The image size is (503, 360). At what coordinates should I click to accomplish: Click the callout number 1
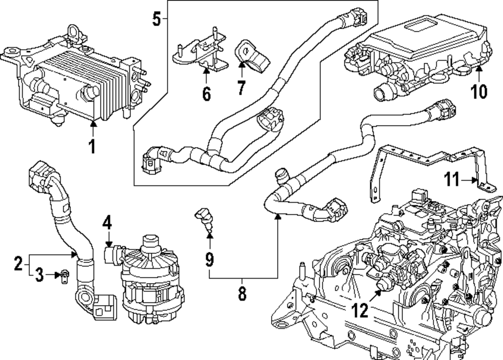pos(93,146)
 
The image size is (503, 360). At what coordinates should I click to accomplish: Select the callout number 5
pos(156,19)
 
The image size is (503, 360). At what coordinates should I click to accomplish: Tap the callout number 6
pos(207,94)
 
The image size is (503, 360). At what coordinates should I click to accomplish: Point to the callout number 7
pos(241,88)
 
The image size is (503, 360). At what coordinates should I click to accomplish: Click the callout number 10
pos(479,91)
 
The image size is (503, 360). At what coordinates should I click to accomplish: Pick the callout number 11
pos(452,179)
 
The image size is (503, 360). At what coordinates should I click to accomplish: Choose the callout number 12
pos(360,310)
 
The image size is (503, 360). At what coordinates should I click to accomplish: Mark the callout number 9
pos(209,259)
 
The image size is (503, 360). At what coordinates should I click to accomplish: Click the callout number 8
pos(242,293)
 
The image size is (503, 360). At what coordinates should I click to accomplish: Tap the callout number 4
pos(107,222)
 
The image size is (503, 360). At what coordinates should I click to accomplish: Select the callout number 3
pos(39,275)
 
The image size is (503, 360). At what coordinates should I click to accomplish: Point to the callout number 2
pos(19,263)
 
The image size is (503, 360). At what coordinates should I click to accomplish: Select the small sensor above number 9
pos(203,219)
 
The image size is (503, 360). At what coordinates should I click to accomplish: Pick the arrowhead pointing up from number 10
pos(479,68)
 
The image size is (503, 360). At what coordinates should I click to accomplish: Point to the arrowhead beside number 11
pos(475,180)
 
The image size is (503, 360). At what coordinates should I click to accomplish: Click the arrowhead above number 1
pos(93,122)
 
